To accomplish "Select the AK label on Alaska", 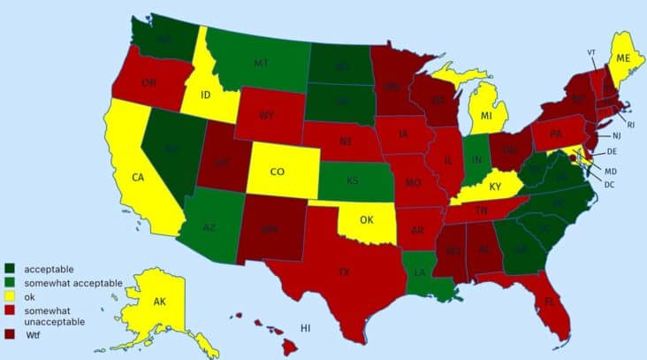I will [160, 303].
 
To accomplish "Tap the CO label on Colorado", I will [277, 172].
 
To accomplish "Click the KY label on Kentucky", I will [495, 187].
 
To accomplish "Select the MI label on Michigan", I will [485, 116].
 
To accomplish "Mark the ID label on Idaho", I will [204, 94].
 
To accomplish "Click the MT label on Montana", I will [261, 64].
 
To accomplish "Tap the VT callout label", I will [591, 52].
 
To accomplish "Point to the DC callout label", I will [610, 184].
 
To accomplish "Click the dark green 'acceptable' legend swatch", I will [10, 268].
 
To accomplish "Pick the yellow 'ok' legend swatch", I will [10, 295].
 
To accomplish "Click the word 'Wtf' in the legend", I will [34, 335].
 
